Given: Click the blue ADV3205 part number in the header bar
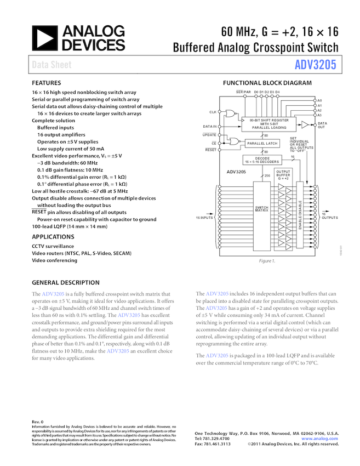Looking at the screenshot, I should pyautogui.click(x=315, y=65).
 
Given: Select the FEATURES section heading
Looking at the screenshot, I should pyautogui.click(x=46, y=83).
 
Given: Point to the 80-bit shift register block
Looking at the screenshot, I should pyautogui.click(x=270, y=124).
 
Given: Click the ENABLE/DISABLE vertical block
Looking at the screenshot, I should pyautogui.click(x=300, y=214).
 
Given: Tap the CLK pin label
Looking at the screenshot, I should pyautogui.click(x=213, y=112).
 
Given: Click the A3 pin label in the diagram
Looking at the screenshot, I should pyautogui.click(x=319, y=116).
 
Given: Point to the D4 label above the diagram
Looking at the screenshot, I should pyautogui.click(x=278, y=92).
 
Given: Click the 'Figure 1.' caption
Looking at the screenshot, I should pyautogui.click(x=267, y=261).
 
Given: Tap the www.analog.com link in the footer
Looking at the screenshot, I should pyautogui.click(x=319, y=439).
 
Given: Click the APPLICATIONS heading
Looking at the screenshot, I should pyautogui.click(x=54, y=236).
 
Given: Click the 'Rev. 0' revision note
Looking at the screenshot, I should pyautogui.click(x=38, y=421).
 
